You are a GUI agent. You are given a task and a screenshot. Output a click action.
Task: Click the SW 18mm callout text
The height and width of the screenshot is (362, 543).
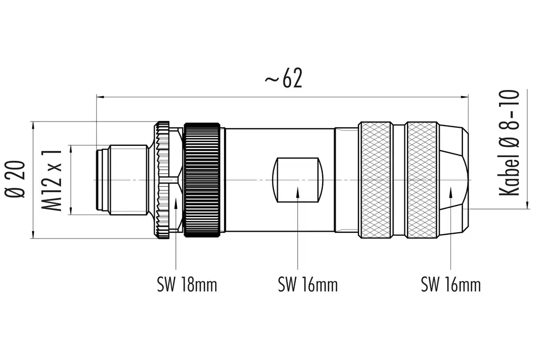click(x=187, y=284)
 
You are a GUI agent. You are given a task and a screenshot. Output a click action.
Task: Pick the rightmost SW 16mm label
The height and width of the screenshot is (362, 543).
click(x=450, y=284)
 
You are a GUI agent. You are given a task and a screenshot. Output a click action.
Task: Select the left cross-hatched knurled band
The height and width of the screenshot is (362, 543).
click(x=375, y=180)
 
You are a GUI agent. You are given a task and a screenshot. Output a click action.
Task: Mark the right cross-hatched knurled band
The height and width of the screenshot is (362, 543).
click(x=421, y=180)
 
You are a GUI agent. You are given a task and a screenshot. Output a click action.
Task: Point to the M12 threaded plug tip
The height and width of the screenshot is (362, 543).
click(x=122, y=179)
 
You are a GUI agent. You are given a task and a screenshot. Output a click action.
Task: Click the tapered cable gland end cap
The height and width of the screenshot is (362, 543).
click(x=454, y=179)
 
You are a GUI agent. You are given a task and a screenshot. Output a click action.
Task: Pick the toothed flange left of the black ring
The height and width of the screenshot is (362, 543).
click(x=162, y=179)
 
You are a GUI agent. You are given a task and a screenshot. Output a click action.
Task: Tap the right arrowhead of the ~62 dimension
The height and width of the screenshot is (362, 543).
click(x=464, y=96)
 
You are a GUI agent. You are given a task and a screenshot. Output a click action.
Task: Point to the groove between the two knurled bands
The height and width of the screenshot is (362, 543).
click(x=398, y=180)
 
